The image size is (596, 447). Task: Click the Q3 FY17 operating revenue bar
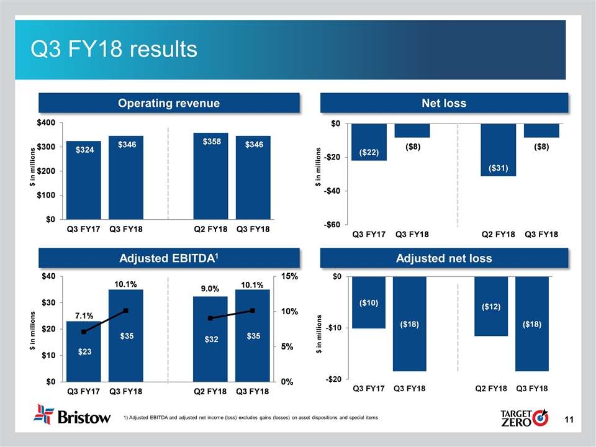point(83,180)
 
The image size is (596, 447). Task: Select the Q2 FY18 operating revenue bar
point(210,176)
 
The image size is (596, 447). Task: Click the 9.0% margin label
point(210,289)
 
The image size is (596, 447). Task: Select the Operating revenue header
point(169,103)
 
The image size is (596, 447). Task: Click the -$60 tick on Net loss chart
point(335,225)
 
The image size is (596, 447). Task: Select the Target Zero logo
point(523,416)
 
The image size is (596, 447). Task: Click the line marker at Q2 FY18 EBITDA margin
point(210,318)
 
